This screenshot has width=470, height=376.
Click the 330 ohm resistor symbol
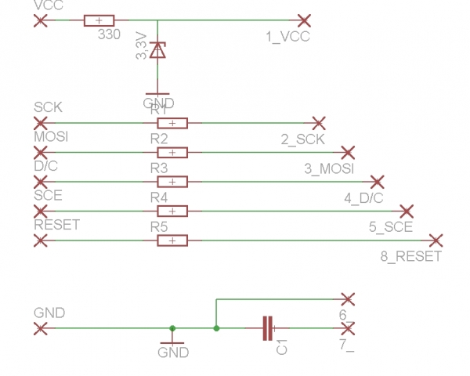(99, 20)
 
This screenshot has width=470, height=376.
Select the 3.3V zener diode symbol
(158, 50)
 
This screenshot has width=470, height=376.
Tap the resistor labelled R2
(172, 152)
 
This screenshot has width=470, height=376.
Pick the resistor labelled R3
(172, 182)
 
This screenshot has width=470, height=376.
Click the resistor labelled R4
(172, 211)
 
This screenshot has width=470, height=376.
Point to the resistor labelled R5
(172, 240)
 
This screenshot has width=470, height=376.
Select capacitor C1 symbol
(268, 328)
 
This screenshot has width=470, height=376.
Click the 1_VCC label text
(287, 36)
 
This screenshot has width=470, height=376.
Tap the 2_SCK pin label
(302, 139)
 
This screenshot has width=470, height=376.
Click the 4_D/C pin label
(363, 198)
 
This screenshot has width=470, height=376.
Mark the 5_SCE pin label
(391, 227)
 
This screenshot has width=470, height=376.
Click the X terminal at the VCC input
(40, 20)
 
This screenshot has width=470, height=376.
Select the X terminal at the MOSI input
(40, 152)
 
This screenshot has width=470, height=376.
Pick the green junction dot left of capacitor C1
(216, 328)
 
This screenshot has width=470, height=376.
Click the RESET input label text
(57, 225)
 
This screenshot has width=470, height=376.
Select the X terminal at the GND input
(40, 328)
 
